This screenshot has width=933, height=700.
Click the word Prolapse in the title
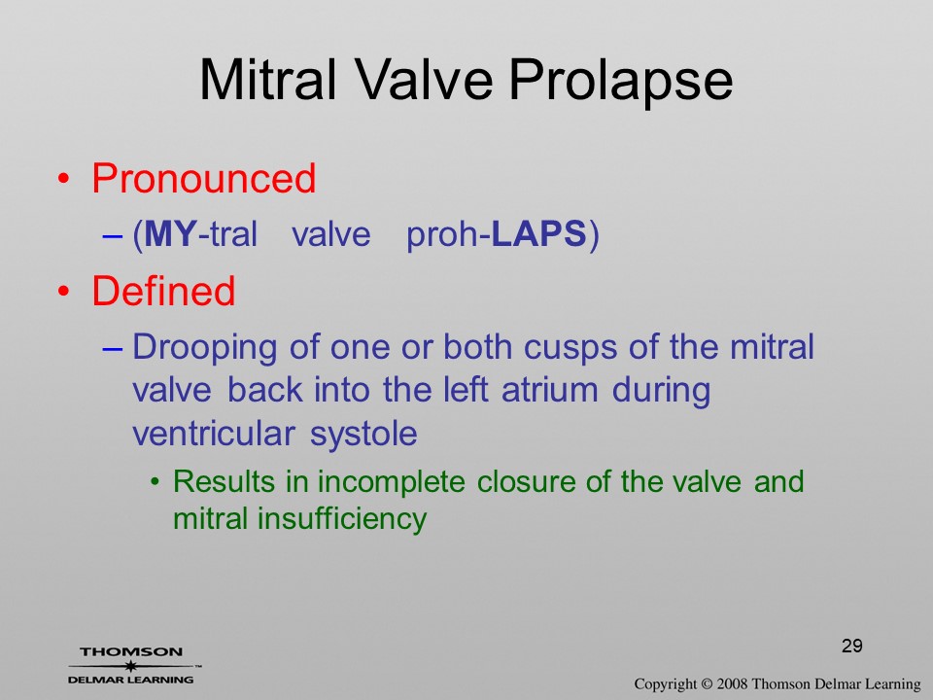(621, 82)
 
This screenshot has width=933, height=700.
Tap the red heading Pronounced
(203, 178)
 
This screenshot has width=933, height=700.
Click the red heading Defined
(163, 291)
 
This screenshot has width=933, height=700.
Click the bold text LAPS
(539, 233)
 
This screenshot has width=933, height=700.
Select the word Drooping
(205, 349)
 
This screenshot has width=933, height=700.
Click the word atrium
(550, 391)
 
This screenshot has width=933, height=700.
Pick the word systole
(363, 434)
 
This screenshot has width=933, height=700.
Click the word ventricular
(214, 434)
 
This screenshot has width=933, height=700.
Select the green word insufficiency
(341, 519)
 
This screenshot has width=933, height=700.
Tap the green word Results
(224, 481)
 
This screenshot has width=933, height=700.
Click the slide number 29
(852, 646)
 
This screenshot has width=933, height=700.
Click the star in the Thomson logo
(131, 665)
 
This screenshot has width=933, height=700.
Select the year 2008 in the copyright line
(732, 683)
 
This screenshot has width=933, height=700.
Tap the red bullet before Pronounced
(64, 179)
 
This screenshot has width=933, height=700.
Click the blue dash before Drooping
(113, 349)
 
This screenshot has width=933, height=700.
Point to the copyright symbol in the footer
(707, 683)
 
